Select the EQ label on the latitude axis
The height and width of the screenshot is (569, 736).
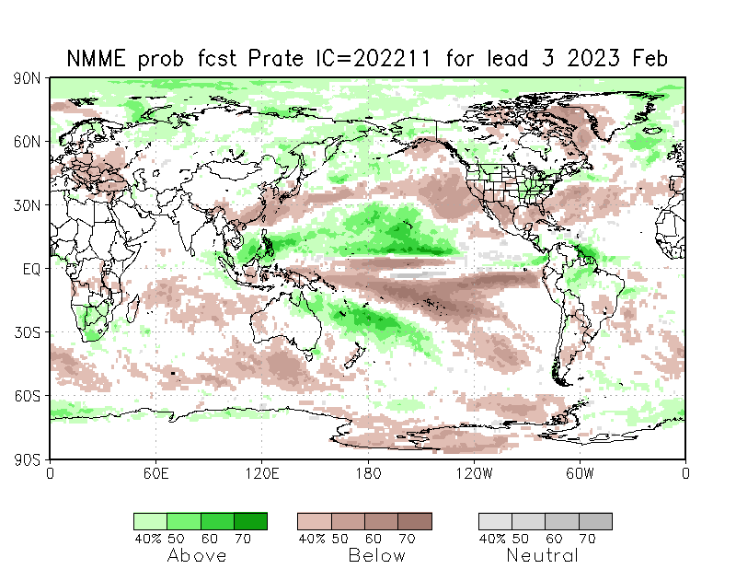(x=31, y=269)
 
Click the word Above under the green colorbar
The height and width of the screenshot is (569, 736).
(x=197, y=555)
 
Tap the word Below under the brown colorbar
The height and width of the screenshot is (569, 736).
(x=377, y=555)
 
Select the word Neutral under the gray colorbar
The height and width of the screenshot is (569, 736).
(x=542, y=555)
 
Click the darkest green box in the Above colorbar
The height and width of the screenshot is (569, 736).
(x=250, y=521)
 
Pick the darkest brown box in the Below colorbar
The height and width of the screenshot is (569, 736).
(x=415, y=521)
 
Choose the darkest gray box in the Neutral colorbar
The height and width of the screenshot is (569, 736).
(x=595, y=521)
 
